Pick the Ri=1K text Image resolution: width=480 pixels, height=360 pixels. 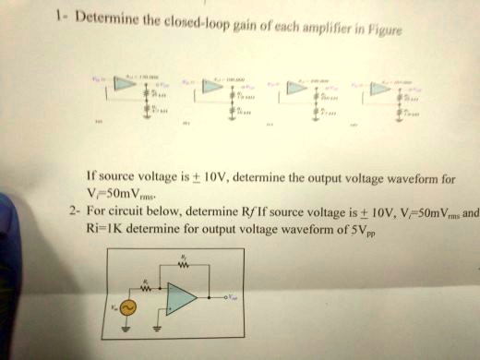pyautogui.click(x=98, y=228)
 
